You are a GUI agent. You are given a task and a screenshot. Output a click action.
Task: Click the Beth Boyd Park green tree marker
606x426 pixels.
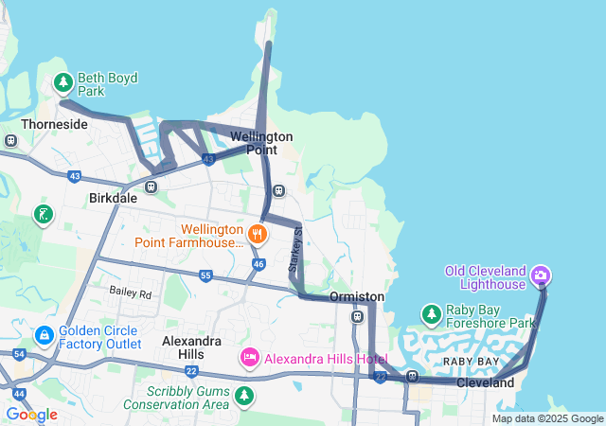tap(63, 83)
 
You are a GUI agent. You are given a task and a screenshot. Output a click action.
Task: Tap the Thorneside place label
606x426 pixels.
tap(55, 124)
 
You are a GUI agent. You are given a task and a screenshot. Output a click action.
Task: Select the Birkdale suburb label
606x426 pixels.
tap(113, 199)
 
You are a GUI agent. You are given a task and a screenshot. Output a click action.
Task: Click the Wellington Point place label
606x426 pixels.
tap(261, 143)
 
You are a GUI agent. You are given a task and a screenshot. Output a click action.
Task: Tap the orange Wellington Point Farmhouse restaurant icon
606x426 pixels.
tap(256, 233)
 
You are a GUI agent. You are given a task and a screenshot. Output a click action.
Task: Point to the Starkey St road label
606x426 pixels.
tap(294, 251)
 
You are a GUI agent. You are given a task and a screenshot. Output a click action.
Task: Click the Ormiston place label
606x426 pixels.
tap(357, 297)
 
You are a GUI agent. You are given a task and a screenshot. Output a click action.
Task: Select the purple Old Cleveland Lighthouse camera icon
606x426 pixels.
tap(542, 276)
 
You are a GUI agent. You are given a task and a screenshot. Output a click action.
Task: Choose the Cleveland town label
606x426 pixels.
tap(485, 383)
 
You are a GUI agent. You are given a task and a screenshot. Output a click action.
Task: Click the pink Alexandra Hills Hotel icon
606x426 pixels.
tap(249, 358)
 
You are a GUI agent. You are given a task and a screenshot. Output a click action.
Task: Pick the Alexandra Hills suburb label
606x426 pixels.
tap(193, 347)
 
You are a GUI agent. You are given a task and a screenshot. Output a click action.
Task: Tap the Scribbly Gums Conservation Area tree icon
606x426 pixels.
tap(245, 395)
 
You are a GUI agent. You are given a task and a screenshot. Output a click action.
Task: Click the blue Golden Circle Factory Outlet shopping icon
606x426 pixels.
tap(44, 335)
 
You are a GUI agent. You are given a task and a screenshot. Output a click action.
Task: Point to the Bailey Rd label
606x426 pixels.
tap(130, 293)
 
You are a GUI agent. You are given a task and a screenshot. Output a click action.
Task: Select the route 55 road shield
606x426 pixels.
tap(205, 275)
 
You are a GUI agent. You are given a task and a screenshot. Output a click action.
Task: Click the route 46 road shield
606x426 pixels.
tap(258, 263)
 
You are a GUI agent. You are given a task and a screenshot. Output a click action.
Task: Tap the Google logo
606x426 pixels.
tap(31, 415)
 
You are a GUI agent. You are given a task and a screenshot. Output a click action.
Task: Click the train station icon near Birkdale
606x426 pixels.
tap(151, 186)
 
